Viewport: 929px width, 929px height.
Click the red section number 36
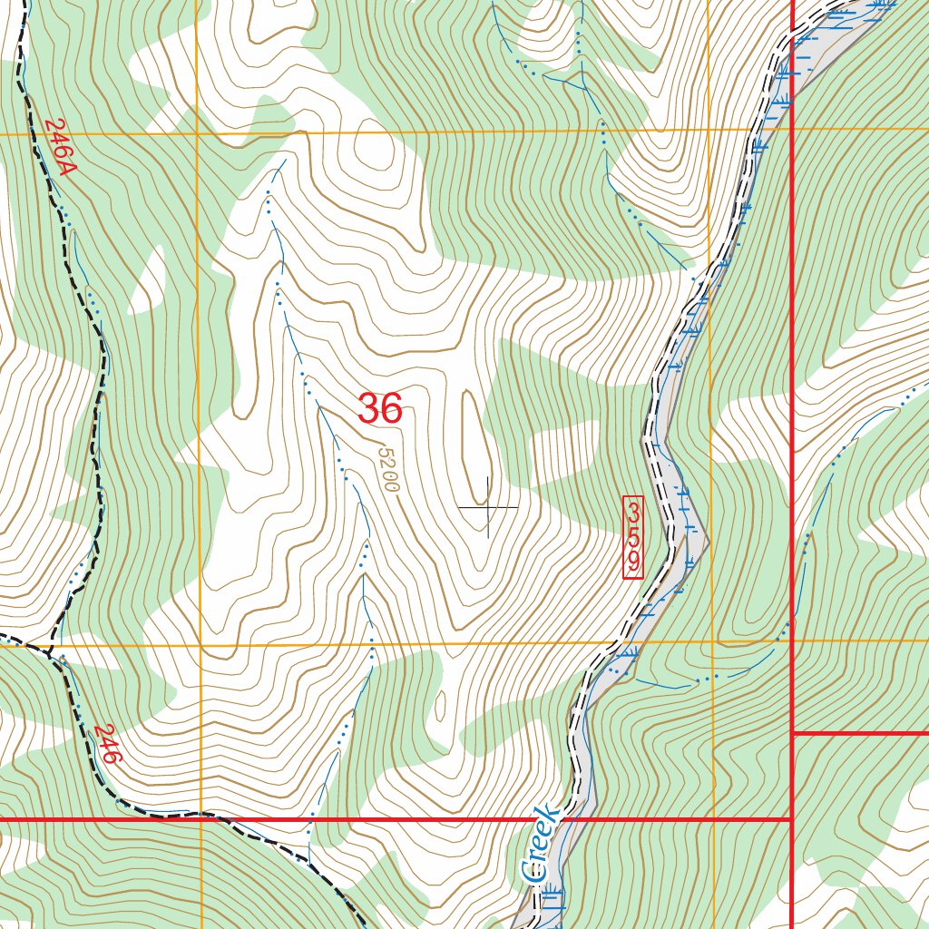[379, 409]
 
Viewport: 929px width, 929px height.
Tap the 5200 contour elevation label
[389, 469]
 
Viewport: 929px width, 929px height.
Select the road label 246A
[59, 148]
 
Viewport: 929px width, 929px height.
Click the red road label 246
[106, 743]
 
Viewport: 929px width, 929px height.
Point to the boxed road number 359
[633, 537]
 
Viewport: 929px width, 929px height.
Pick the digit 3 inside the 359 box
[633, 512]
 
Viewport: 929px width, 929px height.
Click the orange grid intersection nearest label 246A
[197, 133]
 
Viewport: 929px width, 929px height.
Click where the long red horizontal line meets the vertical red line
[793, 819]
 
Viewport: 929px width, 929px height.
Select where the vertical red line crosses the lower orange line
[793, 641]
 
